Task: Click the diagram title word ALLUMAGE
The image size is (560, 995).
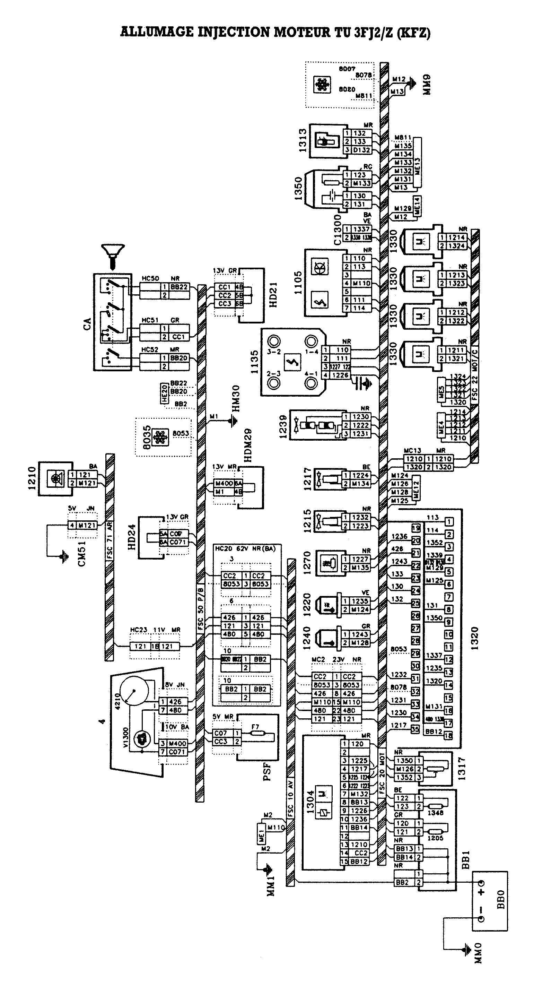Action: [157, 32]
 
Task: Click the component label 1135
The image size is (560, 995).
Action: [254, 362]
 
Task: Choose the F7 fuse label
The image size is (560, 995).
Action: [255, 727]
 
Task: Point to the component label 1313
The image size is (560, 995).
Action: [303, 141]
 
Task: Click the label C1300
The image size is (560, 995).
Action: [337, 230]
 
